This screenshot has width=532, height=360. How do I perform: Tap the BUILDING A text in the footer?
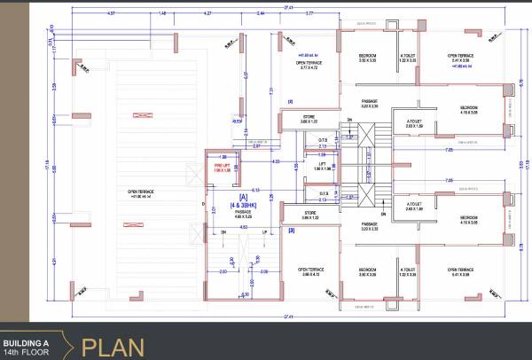pos(27,341)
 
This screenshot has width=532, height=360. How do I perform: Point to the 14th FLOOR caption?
pos(27,352)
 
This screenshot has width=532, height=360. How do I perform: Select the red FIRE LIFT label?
pos(223,166)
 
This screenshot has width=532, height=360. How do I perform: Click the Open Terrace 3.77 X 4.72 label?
pos(311,66)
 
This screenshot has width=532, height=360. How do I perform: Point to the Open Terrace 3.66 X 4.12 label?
pos(311,271)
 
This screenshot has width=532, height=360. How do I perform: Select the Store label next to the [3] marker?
pos(309,214)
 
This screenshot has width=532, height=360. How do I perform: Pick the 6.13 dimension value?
pos(255,191)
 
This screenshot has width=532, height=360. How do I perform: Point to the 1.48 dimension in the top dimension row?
pos(162,14)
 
